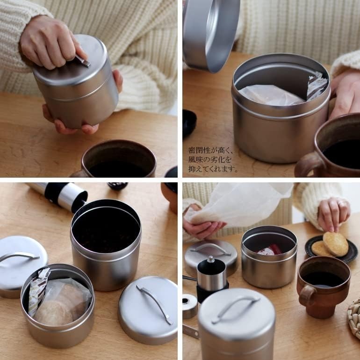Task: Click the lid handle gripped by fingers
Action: [x=83, y=61]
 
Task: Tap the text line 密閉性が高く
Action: [x=210, y=150]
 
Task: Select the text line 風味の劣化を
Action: [x=209, y=159]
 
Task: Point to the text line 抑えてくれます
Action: [x=213, y=169]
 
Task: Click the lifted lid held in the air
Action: [x=210, y=35]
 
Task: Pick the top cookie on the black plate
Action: [x=335, y=244]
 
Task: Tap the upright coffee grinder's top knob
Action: [x=210, y=259]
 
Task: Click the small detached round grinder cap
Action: [x=190, y=306]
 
